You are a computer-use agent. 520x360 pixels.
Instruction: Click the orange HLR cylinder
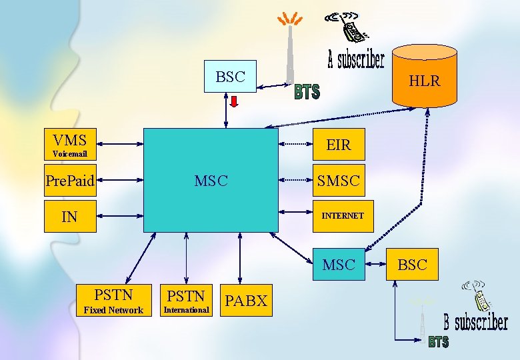pyautogui.click(x=425, y=77)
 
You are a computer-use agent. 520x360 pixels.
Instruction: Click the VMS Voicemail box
pyautogui.click(x=70, y=144)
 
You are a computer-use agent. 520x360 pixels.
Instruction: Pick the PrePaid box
pyautogui.click(x=70, y=180)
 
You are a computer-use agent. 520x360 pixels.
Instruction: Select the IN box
pyautogui.click(x=70, y=216)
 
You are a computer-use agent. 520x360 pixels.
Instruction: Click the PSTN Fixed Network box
pyautogui.click(x=113, y=300)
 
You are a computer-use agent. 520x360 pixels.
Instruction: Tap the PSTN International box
pyautogui.click(x=187, y=300)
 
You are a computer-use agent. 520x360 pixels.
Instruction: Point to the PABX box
pyautogui.click(x=245, y=301)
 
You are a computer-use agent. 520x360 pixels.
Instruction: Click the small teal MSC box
pyautogui.click(x=339, y=265)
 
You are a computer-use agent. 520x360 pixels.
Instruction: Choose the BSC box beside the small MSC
pyautogui.click(x=412, y=265)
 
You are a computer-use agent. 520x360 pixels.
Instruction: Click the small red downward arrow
pyautogui.click(x=235, y=101)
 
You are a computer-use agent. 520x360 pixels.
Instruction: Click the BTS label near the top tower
pyautogui.click(x=307, y=92)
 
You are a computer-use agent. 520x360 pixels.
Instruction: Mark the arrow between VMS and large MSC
pyautogui.click(x=120, y=144)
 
